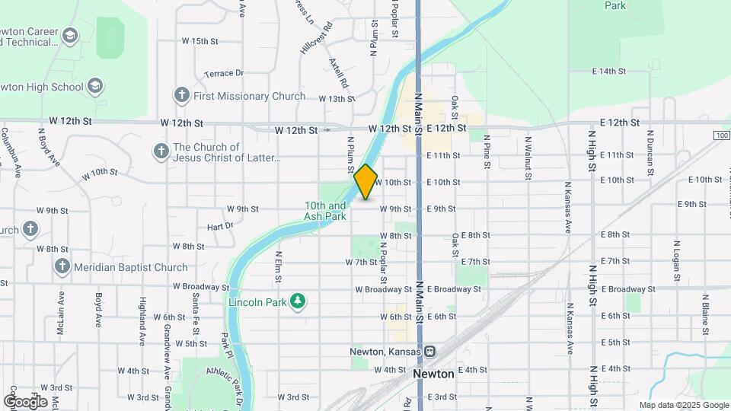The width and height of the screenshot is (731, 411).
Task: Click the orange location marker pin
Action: coord(365,182)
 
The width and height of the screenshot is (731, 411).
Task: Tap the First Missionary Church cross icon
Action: coord(181,96)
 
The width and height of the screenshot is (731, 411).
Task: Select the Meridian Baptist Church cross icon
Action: coord(62,267)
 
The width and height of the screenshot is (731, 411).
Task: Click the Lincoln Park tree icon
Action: coord(298,302)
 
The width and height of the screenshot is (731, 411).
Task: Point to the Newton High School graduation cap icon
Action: coord(95,86)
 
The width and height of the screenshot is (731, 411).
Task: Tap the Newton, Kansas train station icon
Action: coord(430,352)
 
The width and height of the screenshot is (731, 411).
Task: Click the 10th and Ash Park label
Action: coord(326,211)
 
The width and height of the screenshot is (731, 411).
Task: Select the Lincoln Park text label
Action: coord(257,302)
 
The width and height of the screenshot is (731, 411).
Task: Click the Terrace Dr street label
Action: coord(224,73)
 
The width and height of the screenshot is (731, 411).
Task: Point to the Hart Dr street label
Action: coord(219,227)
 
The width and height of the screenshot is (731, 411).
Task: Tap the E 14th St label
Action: coord(608,71)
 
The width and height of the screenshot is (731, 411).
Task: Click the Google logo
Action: coord(24,401)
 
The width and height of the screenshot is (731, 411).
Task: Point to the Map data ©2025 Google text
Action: coord(683,405)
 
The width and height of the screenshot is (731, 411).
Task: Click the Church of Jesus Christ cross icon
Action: coord(161,151)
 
